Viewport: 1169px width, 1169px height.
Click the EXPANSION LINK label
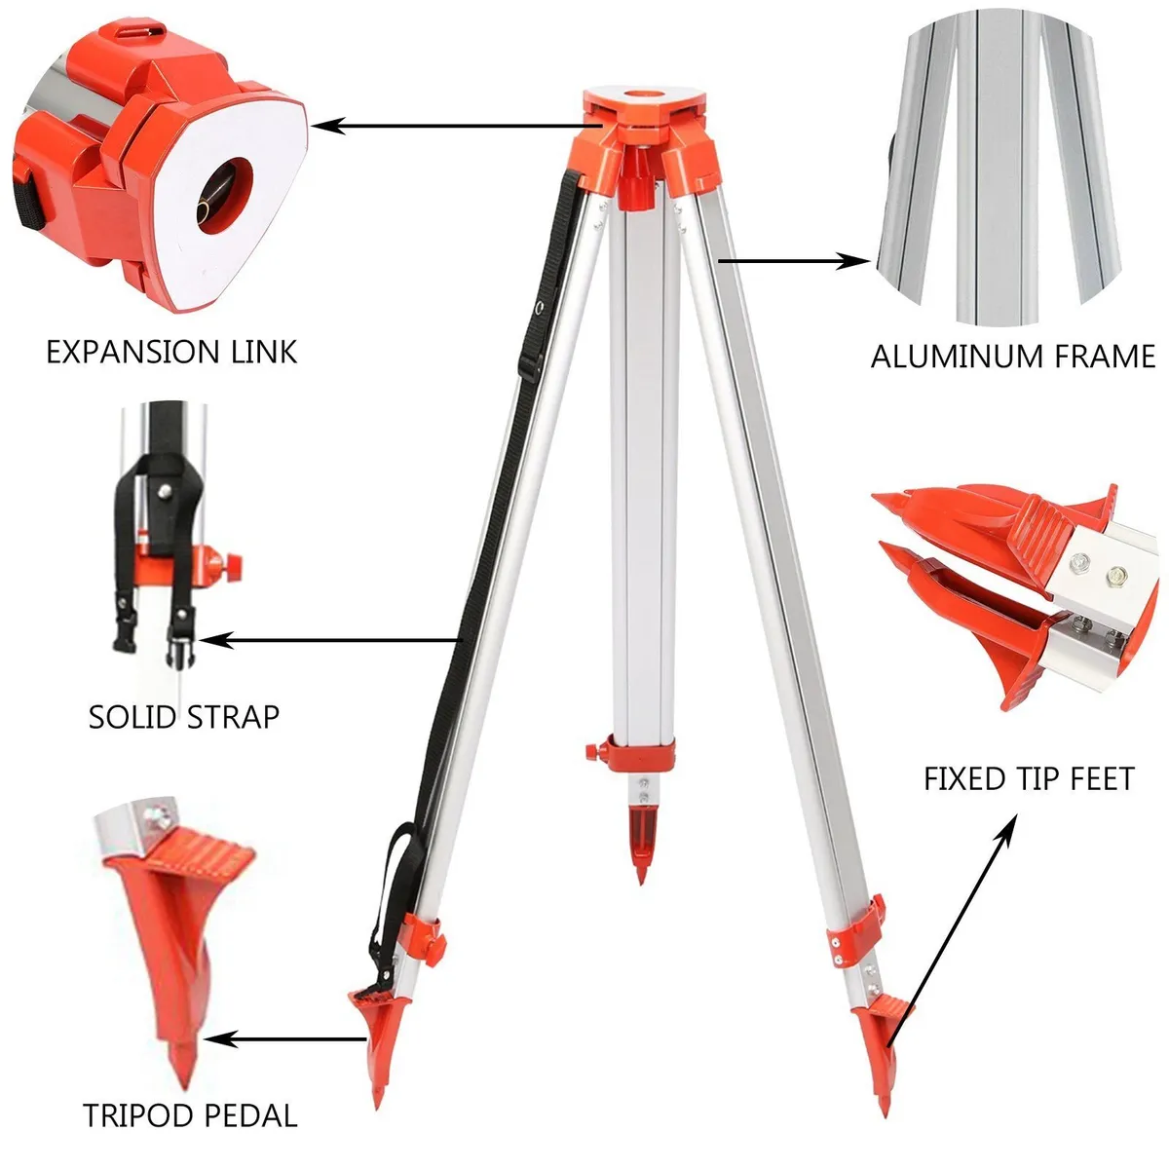pos(171,352)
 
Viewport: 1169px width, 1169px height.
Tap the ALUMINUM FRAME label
pos(1013,357)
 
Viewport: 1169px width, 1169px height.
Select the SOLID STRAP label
pos(184,717)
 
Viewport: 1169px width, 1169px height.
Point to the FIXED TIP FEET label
pos(1029,779)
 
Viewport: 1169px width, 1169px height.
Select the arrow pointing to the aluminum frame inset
pos(794,260)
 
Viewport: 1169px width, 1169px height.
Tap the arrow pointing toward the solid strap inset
pos(331,640)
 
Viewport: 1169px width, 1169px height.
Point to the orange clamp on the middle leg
pos(633,753)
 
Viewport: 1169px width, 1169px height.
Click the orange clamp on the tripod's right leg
pos(857,930)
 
